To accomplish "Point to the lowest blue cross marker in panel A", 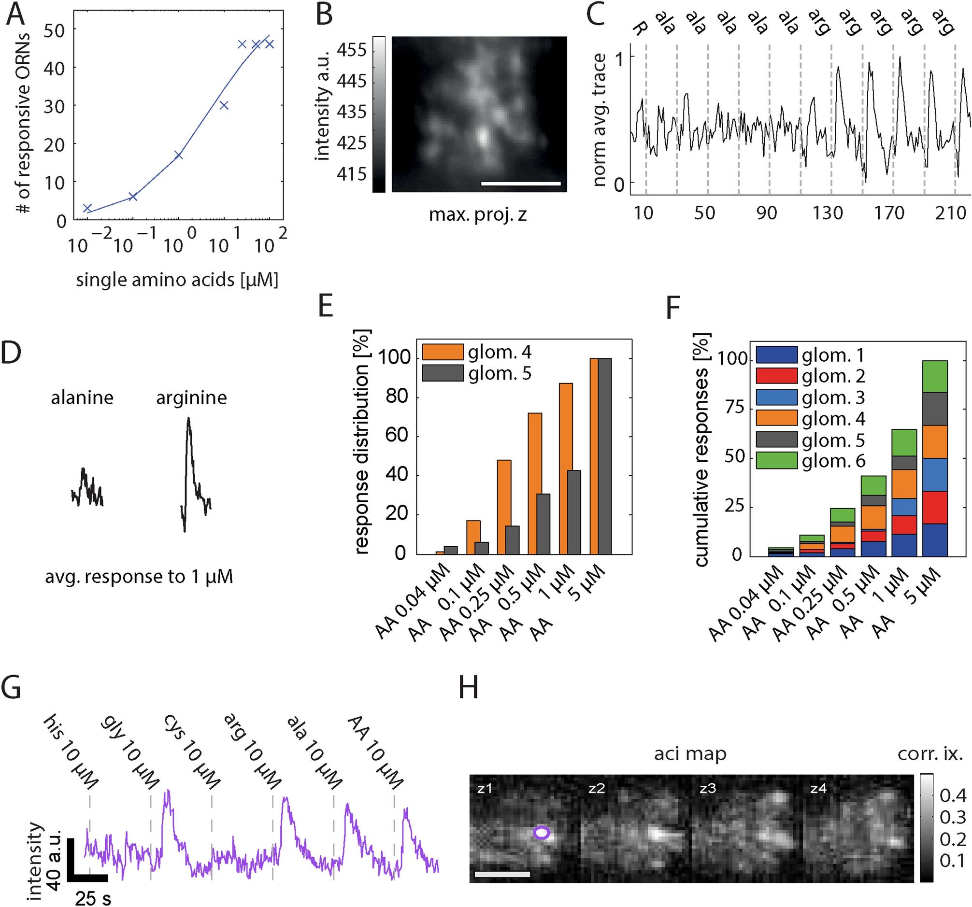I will (x=87, y=209).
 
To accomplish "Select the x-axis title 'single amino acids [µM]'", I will (x=177, y=280).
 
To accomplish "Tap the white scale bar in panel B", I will (x=520, y=184).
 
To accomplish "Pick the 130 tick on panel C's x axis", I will (x=828, y=213).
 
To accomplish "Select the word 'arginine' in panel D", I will (x=191, y=398).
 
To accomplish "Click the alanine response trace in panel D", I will (x=87, y=487).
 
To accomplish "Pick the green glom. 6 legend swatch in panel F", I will (x=776, y=461).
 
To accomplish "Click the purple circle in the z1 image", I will (x=541, y=833).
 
